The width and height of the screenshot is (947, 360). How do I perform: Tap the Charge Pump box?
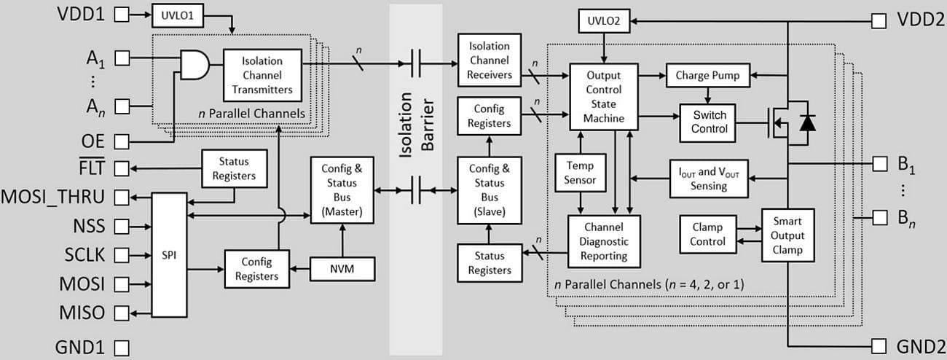coord(707,75)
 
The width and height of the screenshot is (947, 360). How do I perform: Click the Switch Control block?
coord(710,122)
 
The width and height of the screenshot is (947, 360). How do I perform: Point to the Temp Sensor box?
coord(581,173)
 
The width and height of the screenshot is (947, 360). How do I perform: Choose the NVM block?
coord(342,270)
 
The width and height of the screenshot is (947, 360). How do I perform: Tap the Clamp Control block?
coord(707,235)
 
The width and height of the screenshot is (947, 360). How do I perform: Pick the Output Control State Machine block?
coord(604,95)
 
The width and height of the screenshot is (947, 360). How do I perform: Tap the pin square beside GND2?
coord(879,345)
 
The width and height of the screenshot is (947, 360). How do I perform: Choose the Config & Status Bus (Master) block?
coord(341,189)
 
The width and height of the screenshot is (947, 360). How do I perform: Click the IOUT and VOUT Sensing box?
coord(709,179)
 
